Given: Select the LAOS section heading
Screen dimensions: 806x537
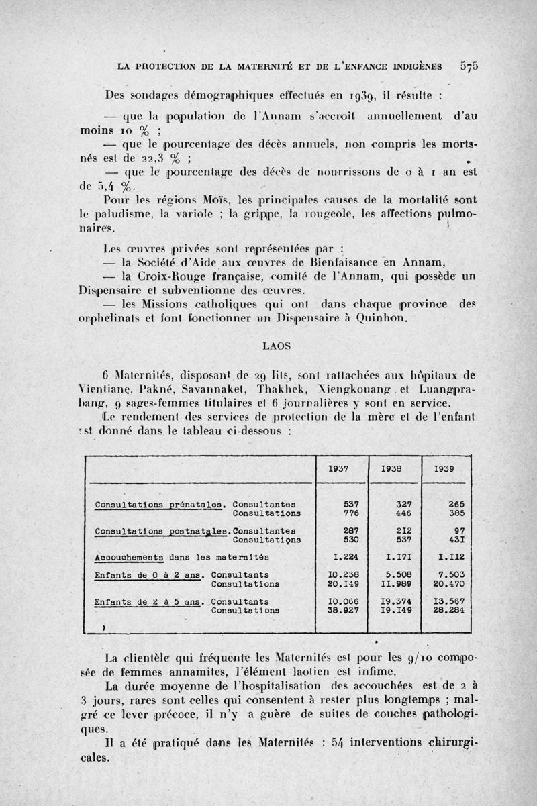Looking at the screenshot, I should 276,346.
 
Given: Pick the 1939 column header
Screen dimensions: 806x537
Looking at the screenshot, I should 447,470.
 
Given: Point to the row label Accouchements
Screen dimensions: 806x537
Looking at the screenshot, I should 130,557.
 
